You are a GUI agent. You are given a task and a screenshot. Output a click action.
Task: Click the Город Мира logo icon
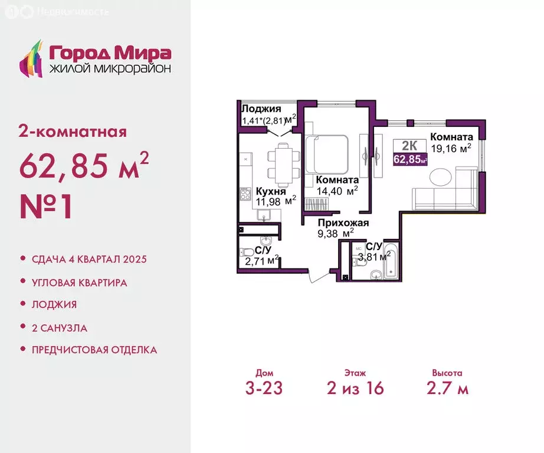[31, 58]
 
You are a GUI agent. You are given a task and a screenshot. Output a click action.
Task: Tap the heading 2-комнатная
[73, 132]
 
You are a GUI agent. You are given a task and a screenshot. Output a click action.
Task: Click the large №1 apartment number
[46, 206]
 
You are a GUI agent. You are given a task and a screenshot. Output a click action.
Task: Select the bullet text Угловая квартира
[80, 283]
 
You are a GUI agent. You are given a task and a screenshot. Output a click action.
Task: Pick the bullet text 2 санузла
[60, 328]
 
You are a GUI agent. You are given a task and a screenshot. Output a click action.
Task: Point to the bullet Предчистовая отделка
[94, 350]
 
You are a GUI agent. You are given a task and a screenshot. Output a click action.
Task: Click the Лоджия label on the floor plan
[261, 109]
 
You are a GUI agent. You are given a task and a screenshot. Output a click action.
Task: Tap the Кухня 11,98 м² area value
[276, 201]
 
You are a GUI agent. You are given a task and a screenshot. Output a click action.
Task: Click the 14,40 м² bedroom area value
[337, 191]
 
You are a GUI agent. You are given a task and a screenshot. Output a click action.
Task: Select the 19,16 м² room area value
[451, 149]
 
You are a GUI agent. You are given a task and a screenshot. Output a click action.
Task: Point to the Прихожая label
[343, 223]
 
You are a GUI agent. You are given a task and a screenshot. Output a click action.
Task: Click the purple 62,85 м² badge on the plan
[410, 160]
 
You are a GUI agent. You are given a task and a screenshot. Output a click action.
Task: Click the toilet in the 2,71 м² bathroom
[247, 252]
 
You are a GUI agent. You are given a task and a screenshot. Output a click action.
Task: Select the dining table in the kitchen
[283, 165]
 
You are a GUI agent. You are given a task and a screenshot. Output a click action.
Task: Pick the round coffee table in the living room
[441, 177]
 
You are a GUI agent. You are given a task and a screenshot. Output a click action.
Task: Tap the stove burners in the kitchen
[245, 194]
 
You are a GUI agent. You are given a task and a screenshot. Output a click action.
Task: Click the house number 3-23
[264, 388]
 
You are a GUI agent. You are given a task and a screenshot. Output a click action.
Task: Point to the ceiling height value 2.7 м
[448, 388]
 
